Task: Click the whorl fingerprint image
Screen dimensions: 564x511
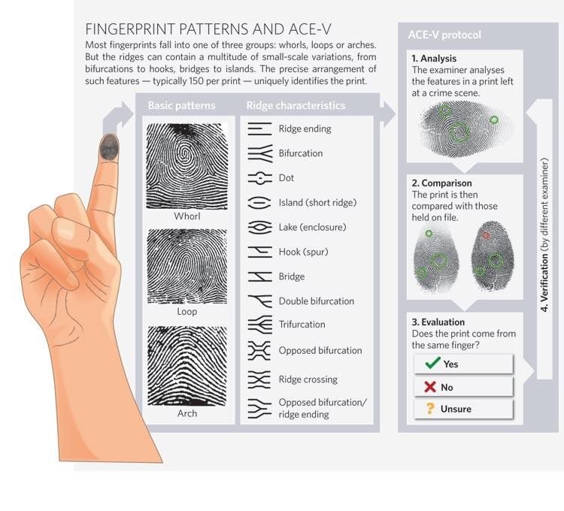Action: pyautogui.click(x=187, y=166)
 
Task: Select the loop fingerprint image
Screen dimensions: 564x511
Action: pyautogui.click(x=187, y=266)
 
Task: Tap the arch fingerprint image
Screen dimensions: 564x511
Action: pyautogui.click(x=187, y=366)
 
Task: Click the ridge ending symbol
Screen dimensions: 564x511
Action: pyautogui.click(x=259, y=129)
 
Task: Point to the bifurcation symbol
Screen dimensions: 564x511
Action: pyautogui.click(x=259, y=153)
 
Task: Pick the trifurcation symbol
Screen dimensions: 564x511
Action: pyautogui.click(x=259, y=325)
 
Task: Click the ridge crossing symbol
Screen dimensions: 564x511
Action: pyautogui.click(x=259, y=379)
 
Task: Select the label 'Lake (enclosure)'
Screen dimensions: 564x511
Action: pyautogui.click(x=312, y=227)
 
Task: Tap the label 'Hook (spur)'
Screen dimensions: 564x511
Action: pyautogui.click(x=303, y=252)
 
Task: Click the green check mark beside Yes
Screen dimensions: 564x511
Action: pyautogui.click(x=432, y=363)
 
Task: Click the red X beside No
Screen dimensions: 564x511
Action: pyautogui.click(x=430, y=387)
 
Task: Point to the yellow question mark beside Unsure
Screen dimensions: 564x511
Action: pyautogui.click(x=429, y=408)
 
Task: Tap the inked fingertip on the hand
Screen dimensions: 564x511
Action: pyautogui.click(x=109, y=147)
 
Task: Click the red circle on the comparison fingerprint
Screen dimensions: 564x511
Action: pyautogui.click(x=486, y=235)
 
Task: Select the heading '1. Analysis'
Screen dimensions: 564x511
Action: pyautogui.click(x=434, y=58)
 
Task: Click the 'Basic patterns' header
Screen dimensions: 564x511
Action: pyautogui.click(x=182, y=105)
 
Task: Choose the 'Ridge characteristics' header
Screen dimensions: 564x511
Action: pyautogui.click(x=296, y=105)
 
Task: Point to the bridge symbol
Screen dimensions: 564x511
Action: pyautogui.click(x=259, y=277)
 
